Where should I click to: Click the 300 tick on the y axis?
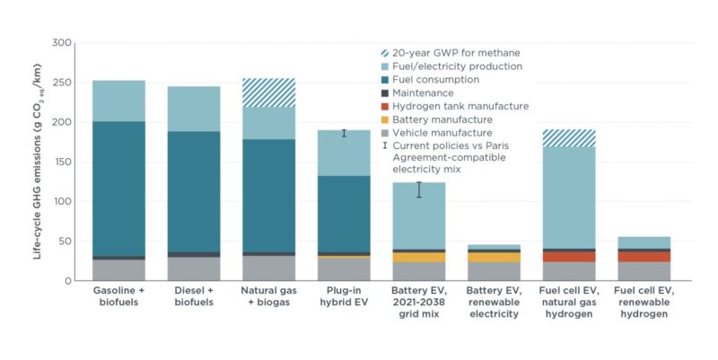click(x=60, y=43)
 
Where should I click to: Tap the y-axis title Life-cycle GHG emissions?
click(x=36, y=162)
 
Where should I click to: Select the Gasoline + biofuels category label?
click(x=119, y=298)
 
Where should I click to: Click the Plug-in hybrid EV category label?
click(x=345, y=298)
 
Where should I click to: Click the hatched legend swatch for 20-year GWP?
click(x=386, y=53)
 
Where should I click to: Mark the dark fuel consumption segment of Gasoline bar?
click(x=119, y=189)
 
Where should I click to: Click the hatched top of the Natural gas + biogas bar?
click(x=269, y=92)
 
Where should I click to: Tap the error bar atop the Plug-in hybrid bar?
click(x=344, y=133)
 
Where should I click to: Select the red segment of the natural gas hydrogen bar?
click(x=569, y=257)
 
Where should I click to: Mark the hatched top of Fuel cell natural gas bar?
click(x=569, y=138)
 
